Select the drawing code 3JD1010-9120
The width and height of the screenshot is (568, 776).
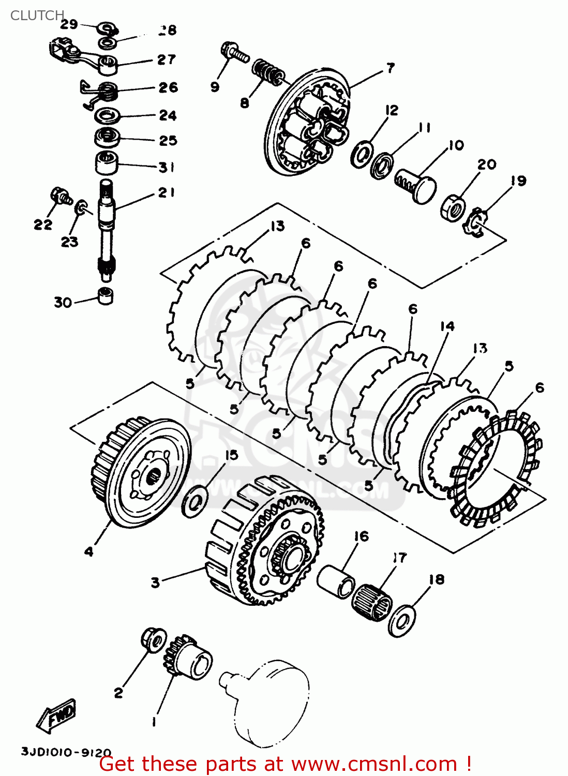[x=66, y=752]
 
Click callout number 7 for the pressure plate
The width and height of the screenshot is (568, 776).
[x=390, y=68]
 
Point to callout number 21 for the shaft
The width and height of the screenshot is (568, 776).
[x=166, y=192]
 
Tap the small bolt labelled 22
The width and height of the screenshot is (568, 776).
[x=60, y=196]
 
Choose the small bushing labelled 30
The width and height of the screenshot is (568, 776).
[x=106, y=295]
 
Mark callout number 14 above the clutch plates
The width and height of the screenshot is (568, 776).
[x=447, y=326]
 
